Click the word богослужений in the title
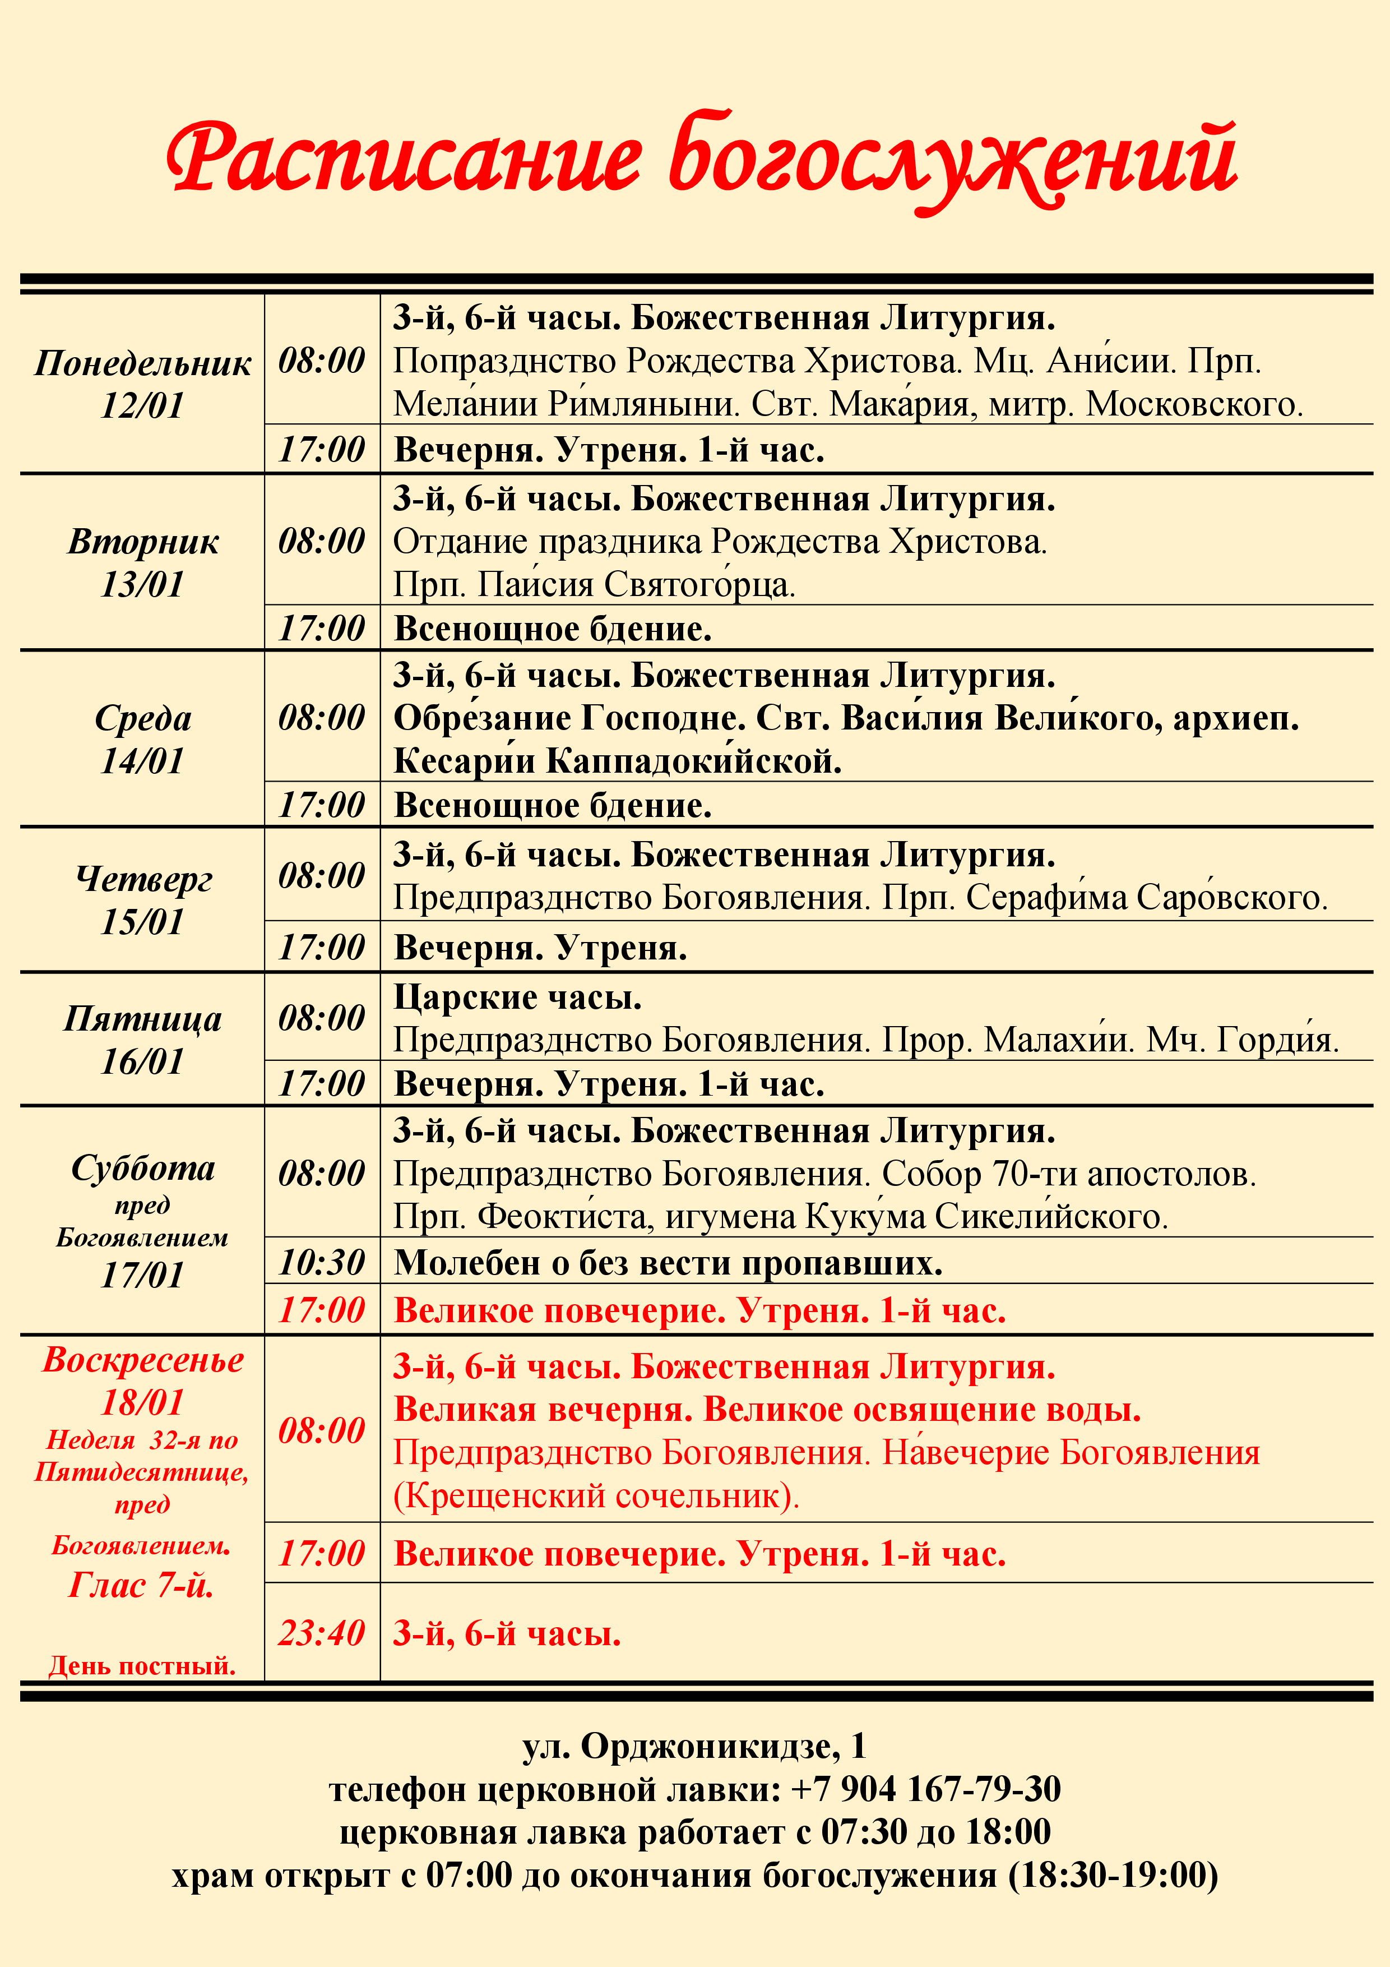[952, 159]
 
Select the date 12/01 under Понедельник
[142, 405]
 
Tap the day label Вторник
[143, 542]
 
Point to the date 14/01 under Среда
[142, 761]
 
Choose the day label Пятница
[143, 1019]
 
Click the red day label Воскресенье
[143, 1360]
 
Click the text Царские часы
[517, 997]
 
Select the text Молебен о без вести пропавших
[668, 1263]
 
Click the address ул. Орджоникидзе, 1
[694, 1746]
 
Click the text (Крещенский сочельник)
[596, 1496]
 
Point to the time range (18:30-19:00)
[1113, 1874]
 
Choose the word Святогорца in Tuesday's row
[699, 585]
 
